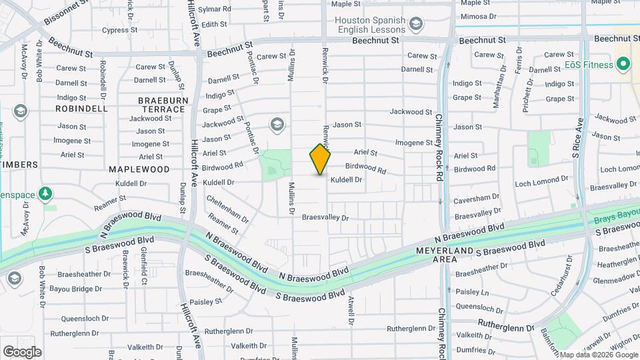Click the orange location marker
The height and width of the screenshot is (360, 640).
tap(320, 159)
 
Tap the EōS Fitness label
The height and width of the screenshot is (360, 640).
tap(588, 65)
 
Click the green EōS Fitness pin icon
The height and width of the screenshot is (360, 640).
tap(624, 65)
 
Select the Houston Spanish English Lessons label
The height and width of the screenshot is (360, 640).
tap(371, 25)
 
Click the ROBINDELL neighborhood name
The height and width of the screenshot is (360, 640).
tap(81, 108)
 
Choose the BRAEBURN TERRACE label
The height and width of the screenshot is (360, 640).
tap(161, 104)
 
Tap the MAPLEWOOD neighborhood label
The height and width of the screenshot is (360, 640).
tap(139, 169)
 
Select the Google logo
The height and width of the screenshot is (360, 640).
tap(22, 352)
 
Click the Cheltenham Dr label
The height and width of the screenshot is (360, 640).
tap(227, 209)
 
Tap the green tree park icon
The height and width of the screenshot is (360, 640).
tap(45, 194)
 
